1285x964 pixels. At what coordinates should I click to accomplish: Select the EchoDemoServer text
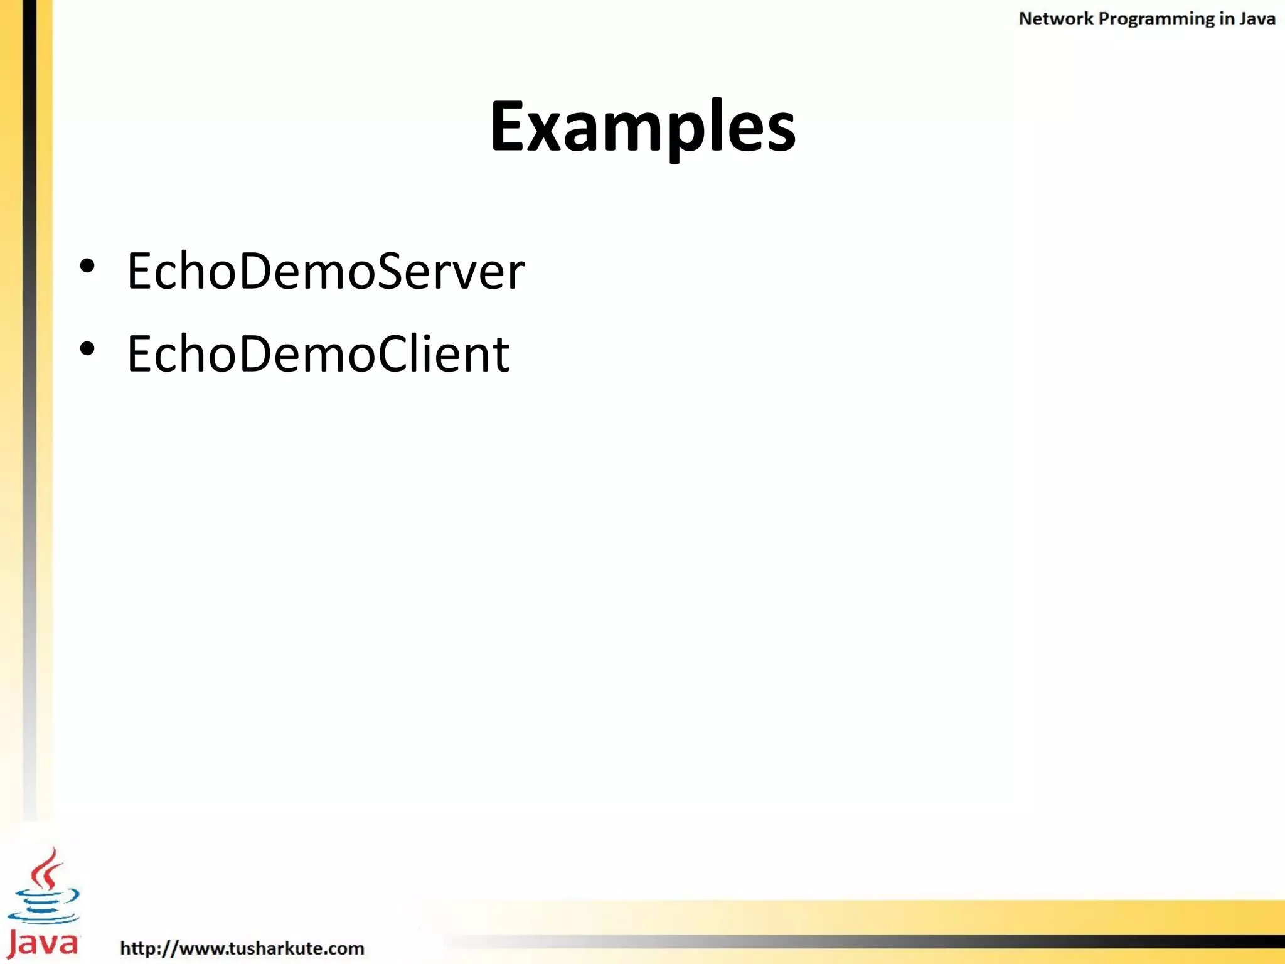click(x=326, y=270)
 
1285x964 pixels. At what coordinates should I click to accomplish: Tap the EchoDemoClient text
click(x=318, y=353)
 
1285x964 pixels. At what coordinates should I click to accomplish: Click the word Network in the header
click(x=1055, y=19)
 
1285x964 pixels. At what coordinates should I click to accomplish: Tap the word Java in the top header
click(x=1257, y=19)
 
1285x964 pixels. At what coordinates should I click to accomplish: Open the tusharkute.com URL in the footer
click(x=242, y=948)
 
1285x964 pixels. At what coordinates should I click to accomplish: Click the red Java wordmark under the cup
click(x=43, y=943)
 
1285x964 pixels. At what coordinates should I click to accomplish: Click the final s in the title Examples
click(x=779, y=132)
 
